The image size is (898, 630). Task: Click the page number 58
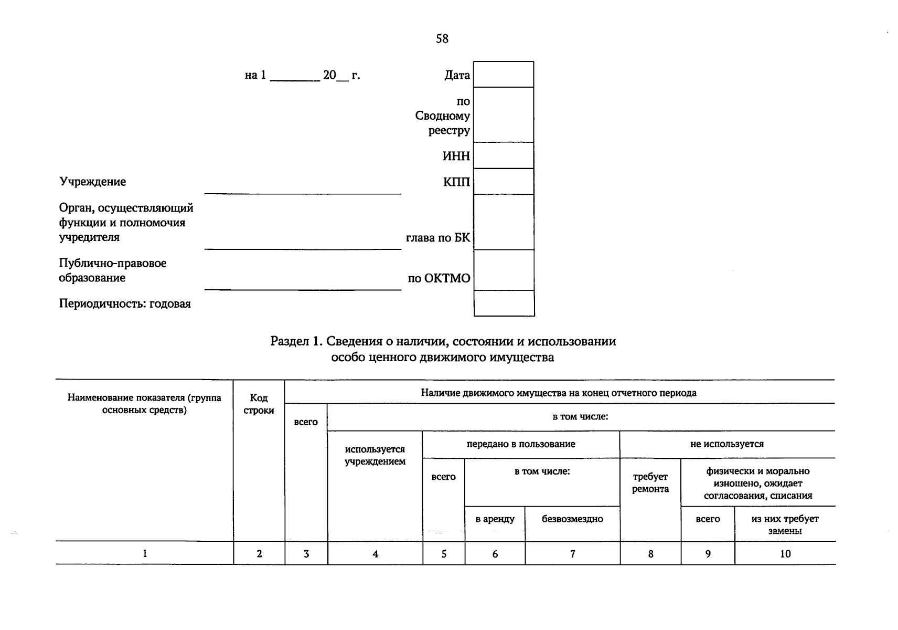click(x=442, y=39)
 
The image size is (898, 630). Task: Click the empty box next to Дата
click(x=504, y=75)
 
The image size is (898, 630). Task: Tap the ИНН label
click(x=456, y=156)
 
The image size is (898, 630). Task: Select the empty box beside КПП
click(x=504, y=182)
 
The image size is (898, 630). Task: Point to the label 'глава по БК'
click(x=438, y=238)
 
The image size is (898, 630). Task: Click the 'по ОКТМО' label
click(x=439, y=278)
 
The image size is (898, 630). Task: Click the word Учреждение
click(x=92, y=182)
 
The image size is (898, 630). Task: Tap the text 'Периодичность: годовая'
click(x=125, y=303)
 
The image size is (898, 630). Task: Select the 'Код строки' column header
click(x=259, y=404)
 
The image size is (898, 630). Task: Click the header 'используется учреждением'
click(x=375, y=455)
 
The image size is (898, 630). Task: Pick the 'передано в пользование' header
click(x=521, y=444)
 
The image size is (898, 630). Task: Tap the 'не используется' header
click(x=727, y=444)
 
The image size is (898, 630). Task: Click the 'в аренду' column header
click(x=495, y=519)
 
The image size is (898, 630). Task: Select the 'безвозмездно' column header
click(x=572, y=519)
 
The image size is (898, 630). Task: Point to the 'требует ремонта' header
click(x=650, y=482)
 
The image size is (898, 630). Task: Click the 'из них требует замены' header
click(x=785, y=524)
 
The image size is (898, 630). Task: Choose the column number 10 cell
click(x=785, y=553)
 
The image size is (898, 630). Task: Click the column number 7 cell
click(x=572, y=553)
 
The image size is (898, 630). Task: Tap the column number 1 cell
click(x=145, y=553)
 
